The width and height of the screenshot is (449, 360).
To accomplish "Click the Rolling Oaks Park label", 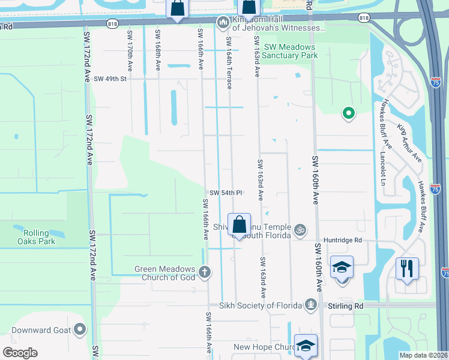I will [40, 237].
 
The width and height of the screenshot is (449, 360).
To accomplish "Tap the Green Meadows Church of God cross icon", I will [205, 272].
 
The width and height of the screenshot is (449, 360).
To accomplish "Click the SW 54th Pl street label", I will [226, 193].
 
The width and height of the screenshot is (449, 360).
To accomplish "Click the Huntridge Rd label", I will [342, 240].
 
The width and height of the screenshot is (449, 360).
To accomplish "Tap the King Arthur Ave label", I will [409, 143].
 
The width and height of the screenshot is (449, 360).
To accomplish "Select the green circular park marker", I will [348, 112].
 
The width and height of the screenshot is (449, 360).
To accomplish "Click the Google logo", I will [20, 353].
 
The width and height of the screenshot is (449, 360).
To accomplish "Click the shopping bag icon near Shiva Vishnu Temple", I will [239, 225].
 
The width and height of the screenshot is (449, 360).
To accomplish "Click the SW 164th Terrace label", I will [229, 62].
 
